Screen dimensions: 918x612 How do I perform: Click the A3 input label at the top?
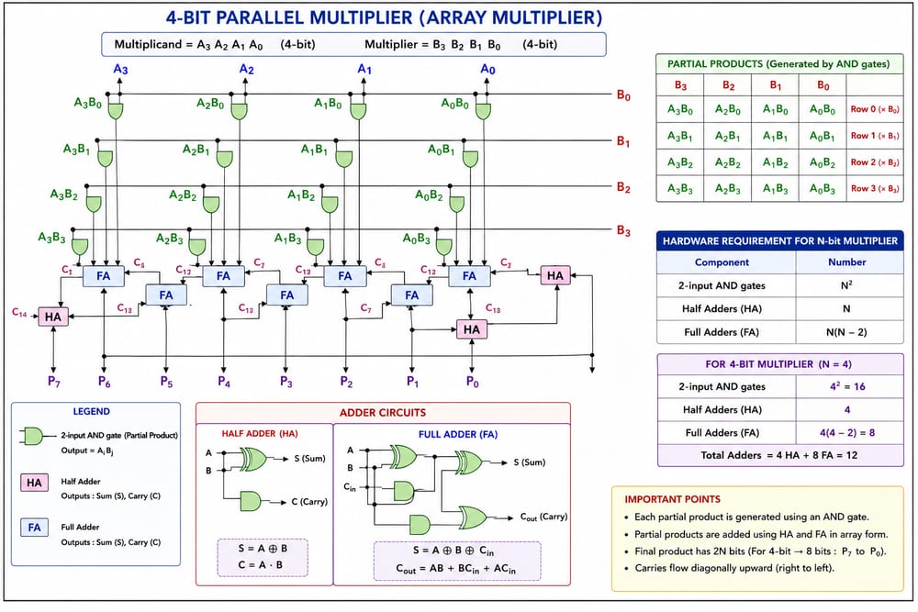pyautogui.click(x=120, y=69)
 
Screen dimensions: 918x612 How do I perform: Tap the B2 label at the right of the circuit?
pyautogui.click(x=623, y=188)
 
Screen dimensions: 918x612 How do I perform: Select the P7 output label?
pyautogui.click(x=54, y=382)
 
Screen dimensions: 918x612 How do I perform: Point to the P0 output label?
pyautogui.click(x=473, y=382)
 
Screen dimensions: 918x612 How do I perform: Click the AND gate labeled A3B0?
pyautogui.click(x=116, y=111)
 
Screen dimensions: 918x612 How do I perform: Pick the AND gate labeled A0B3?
pyautogui.click(x=443, y=247)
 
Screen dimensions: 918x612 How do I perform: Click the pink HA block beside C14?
pyautogui.click(x=52, y=317)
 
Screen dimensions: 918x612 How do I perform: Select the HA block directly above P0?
pyautogui.click(x=471, y=329)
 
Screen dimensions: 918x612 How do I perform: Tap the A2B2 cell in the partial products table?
pyautogui.click(x=728, y=162)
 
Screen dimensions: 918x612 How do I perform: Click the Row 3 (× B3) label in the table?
pyautogui.click(x=875, y=188)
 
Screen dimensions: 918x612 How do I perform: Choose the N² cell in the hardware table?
pyautogui.click(x=846, y=285)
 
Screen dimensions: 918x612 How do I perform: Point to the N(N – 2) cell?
pyautogui.click(x=846, y=332)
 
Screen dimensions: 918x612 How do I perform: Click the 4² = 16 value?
pyautogui.click(x=847, y=386)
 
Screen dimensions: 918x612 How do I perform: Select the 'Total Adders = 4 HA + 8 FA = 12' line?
pyautogui.click(x=779, y=455)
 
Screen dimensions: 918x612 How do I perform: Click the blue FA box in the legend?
pyautogui.click(x=34, y=528)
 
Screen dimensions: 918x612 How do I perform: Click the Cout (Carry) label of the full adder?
pyautogui.click(x=543, y=517)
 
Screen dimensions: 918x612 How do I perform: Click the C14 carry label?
pyautogui.click(x=19, y=313)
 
